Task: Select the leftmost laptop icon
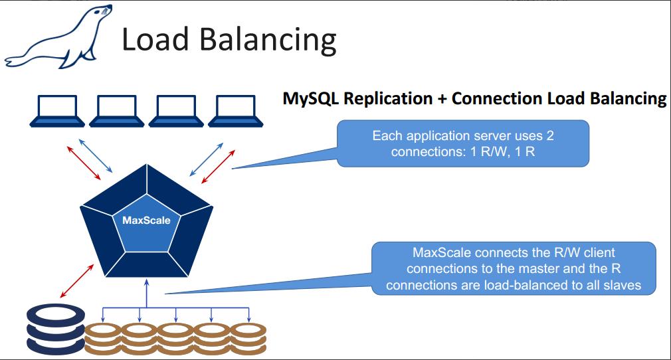[x=58, y=110]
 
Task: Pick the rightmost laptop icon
[x=237, y=110]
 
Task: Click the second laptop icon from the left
[x=118, y=110]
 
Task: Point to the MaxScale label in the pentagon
[x=145, y=221]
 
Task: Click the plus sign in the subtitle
[x=442, y=99]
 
